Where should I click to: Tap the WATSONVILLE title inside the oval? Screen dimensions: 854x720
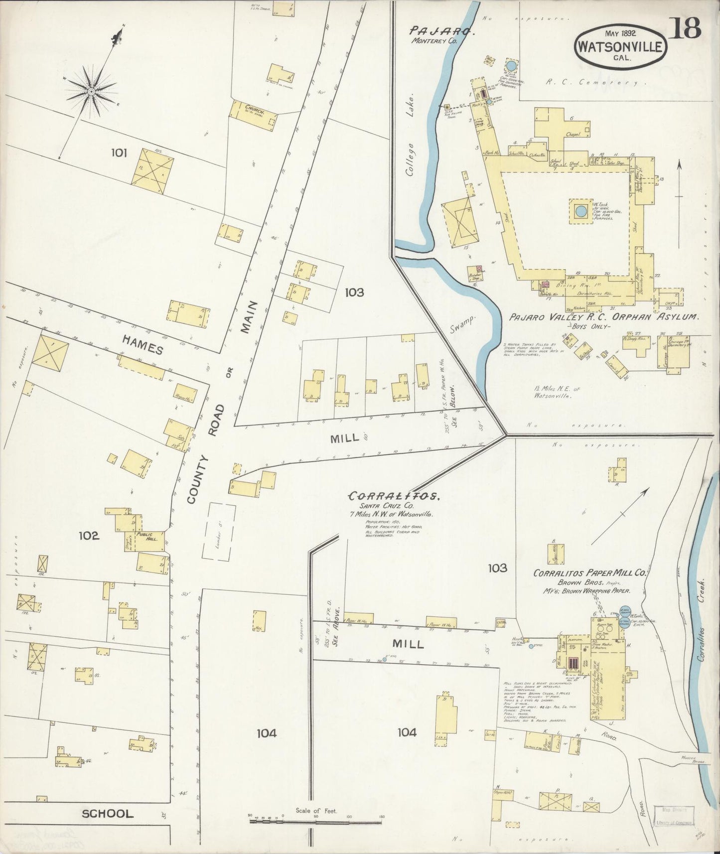tap(620, 47)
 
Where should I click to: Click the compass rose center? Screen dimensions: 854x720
tap(92, 92)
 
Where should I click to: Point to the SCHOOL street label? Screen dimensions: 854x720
tap(108, 814)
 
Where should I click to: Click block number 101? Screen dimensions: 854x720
tap(120, 153)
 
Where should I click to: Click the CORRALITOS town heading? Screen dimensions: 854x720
tap(394, 496)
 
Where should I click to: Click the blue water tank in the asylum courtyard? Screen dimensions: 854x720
tap(580, 211)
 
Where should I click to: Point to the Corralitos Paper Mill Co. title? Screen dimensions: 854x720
tap(589, 573)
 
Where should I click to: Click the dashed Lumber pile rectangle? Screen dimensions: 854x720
tap(218, 531)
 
